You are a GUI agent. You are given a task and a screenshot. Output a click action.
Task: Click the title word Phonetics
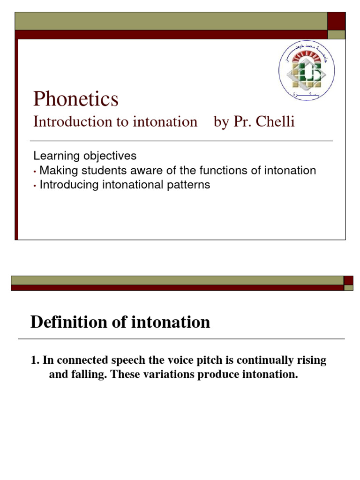pyautogui.click(x=75, y=99)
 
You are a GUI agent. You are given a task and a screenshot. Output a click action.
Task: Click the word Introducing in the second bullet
pyautogui.click(x=67, y=185)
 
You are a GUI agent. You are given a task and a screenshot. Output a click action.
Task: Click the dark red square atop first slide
pyautogui.click(x=336, y=21)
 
